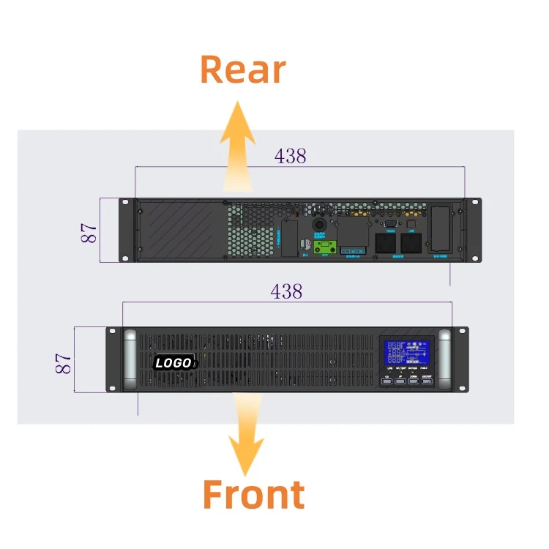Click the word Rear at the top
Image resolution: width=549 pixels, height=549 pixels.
click(x=242, y=70)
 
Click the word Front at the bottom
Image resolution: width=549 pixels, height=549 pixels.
click(x=253, y=495)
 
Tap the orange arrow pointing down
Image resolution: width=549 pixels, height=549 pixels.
click(x=246, y=432)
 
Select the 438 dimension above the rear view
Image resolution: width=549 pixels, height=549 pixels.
click(x=290, y=155)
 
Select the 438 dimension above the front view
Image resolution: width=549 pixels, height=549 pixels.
click(x=286, y=291)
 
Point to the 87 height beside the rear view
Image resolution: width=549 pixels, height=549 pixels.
click(x=89, y=233)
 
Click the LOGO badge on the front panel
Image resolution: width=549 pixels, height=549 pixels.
click(x=173, y=362)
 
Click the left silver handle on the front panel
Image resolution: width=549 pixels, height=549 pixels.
click(x=130, y=359)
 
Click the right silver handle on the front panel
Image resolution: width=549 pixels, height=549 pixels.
click(x=444, y=359)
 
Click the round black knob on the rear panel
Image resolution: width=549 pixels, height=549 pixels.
click(x=319, y=222)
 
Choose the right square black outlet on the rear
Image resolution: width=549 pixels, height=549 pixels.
click(x=411, y=243)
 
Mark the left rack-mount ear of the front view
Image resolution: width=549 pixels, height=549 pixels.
click(x=113, y=359)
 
